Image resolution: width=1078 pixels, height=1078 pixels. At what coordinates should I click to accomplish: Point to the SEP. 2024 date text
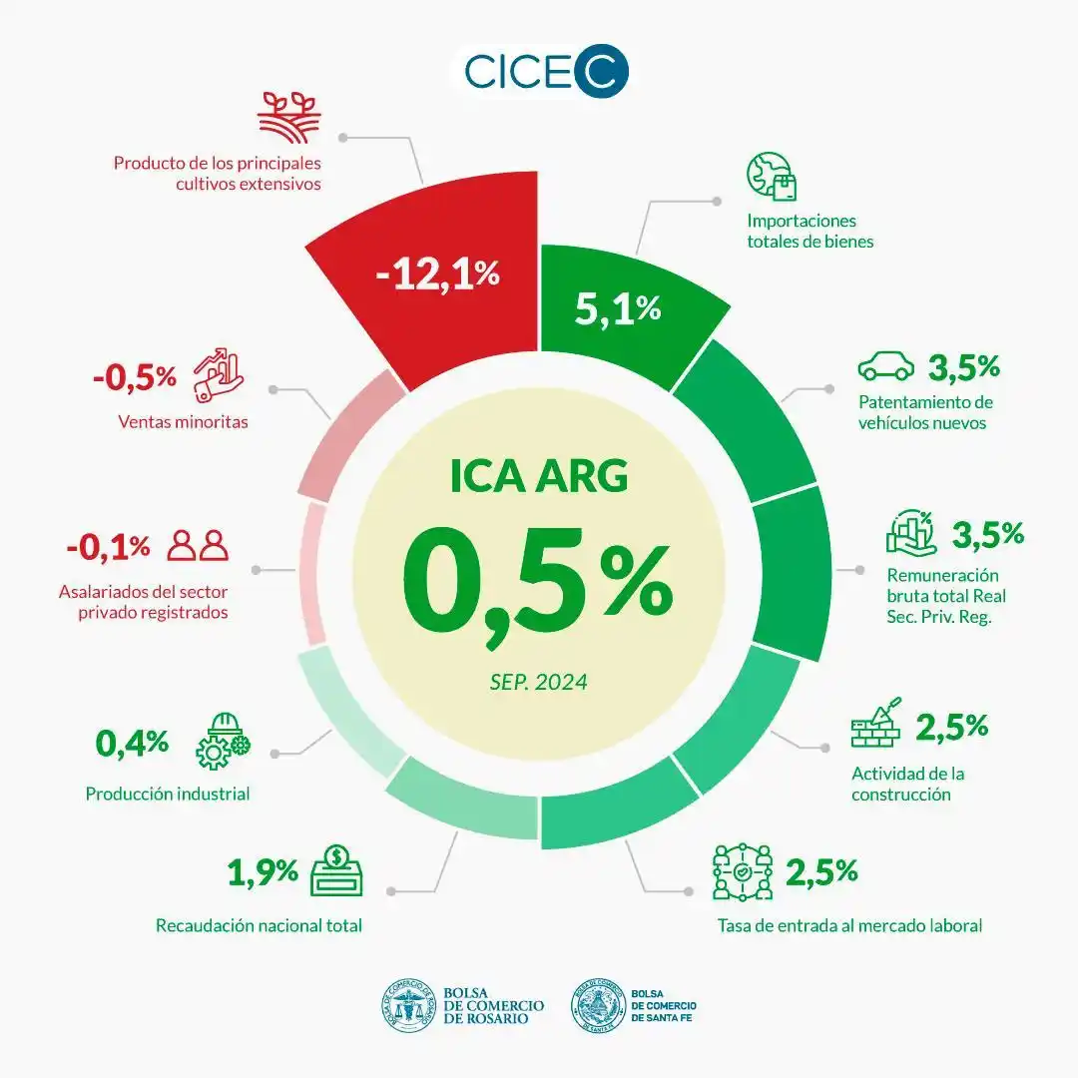(538, 683)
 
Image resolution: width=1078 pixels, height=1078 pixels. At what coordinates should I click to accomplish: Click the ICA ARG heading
(539, 475)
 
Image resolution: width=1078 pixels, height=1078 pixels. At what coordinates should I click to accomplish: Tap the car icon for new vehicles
(885, 366)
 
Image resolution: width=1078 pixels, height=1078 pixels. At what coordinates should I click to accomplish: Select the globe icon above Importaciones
(772, 177)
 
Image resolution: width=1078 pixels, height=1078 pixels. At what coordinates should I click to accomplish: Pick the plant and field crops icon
(288, 117)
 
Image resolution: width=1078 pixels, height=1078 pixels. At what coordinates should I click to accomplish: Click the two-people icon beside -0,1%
(198, 545)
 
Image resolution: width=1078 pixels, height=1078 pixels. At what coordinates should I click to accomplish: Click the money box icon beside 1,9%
(336, 870)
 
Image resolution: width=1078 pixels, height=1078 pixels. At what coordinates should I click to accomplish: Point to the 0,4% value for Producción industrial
(132, 742)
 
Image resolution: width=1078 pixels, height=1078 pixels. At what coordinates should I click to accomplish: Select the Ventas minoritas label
(183, 422)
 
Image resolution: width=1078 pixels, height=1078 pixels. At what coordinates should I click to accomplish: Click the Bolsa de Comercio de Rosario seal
(409, 1005)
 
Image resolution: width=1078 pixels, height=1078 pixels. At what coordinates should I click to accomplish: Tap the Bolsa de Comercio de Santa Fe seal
(598, 1005)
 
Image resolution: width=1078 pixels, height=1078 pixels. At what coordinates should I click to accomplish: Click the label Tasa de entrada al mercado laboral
(849, 925)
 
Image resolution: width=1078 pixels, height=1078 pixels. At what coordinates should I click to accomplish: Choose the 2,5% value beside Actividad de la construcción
(951, 727)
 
